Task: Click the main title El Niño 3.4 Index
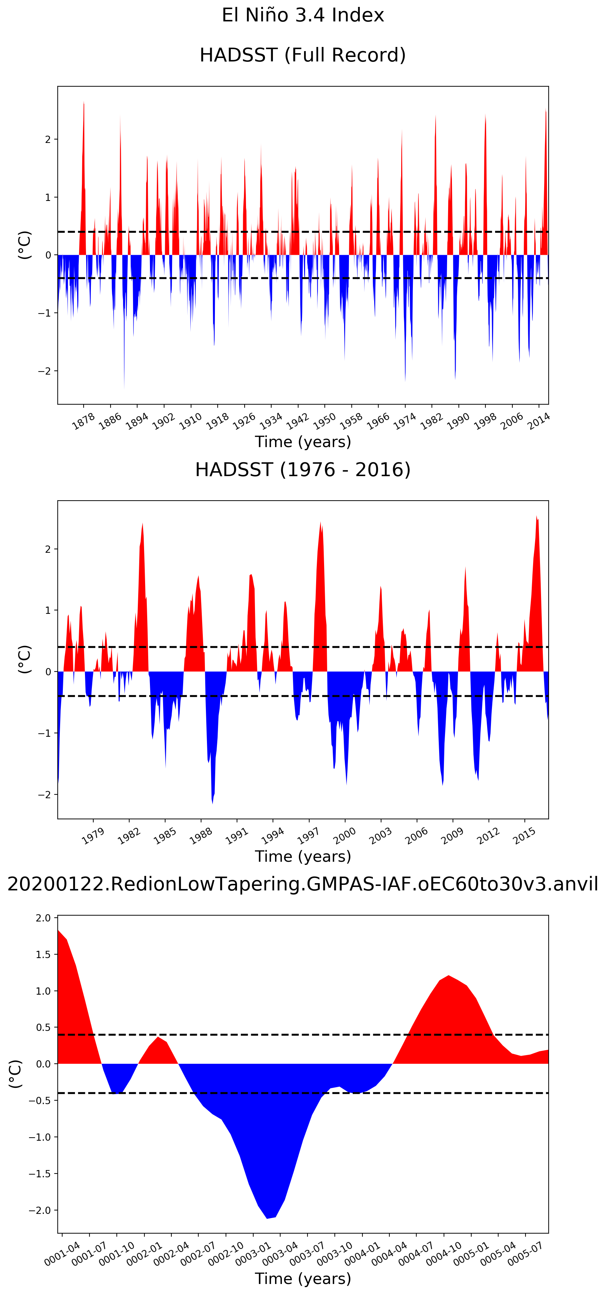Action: (x=303, y=15)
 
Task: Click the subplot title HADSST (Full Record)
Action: (x=303, y=55)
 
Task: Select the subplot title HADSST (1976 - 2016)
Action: (x=303, y=470)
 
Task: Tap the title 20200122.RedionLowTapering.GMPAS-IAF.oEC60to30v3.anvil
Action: (x=303, y=883)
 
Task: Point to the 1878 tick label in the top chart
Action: (x=83, y=421)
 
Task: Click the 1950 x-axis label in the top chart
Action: (x=324, y=421)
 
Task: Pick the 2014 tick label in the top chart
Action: (x=538, y=421)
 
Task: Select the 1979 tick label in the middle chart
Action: (x=93, y=836)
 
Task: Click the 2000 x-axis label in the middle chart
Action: (x=345, y=836)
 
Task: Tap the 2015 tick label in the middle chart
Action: (x=524, y=836)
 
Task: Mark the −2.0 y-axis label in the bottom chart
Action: (x=40, y=1210)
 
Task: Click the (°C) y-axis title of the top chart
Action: (x=25, y=245)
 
